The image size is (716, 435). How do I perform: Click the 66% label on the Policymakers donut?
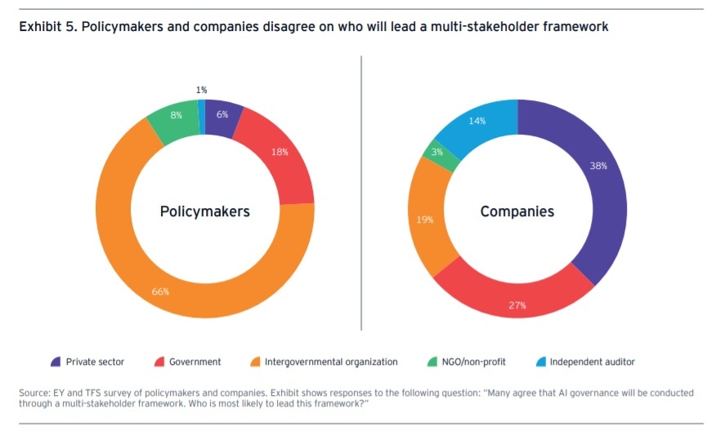[160, 291]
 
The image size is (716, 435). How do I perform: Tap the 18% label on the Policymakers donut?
[280, 152]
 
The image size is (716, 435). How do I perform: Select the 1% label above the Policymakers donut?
[201, 90]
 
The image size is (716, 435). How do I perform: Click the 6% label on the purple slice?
[222, 115]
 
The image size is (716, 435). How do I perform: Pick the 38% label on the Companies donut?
[599, 165]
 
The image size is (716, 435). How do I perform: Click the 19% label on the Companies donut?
[425, 220]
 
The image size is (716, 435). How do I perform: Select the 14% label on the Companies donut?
[477, 122]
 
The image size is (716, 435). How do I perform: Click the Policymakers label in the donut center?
[204, 211]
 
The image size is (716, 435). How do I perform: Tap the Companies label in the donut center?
[517, 211]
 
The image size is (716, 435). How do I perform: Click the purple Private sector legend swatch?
[56, 362]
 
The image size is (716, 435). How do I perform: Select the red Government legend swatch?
[159, 362]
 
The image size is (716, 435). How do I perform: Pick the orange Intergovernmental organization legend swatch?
[256, 362]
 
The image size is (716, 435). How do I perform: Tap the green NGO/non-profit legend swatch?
[432, 362]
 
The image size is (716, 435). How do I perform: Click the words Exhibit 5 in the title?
[41, 27]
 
